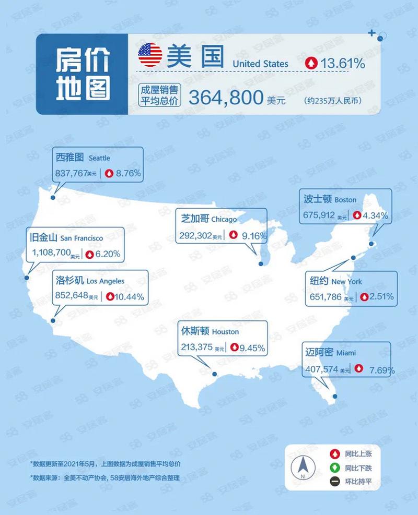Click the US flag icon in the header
[150, 55]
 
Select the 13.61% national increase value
[343, 64]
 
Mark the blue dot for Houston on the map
[214, 374]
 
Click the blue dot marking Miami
[335, 396]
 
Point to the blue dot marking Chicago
[261, 264]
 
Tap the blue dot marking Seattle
[53, 197]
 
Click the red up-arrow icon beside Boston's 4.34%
[357, 215]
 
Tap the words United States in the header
[260, 64]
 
